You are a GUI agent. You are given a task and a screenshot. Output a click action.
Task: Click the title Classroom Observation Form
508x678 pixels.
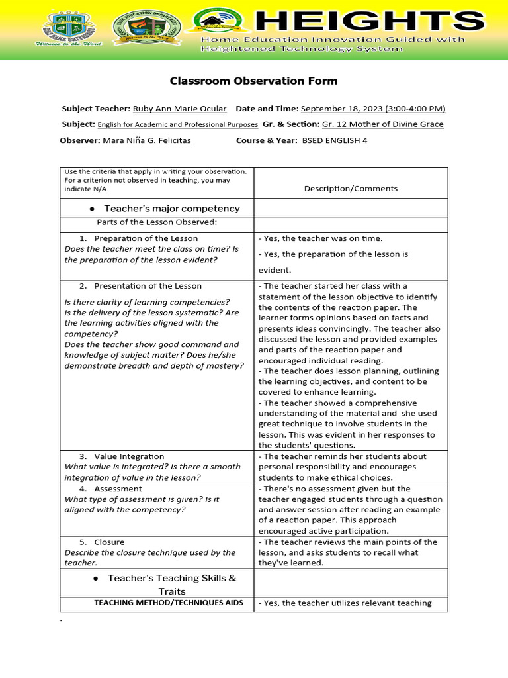[x=253, y=81]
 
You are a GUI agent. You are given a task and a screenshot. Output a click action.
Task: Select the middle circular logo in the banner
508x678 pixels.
[x=146, y=30]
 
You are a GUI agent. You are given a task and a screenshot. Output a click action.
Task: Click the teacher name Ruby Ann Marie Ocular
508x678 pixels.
[x=179, y=109]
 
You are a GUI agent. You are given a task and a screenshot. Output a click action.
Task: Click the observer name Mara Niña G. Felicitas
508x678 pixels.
[x=147, y=140]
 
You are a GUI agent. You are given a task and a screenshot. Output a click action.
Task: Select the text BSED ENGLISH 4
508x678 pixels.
[x=334, y=140]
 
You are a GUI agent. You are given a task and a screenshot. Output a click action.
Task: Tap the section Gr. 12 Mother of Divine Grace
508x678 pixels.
[x=382, y=124]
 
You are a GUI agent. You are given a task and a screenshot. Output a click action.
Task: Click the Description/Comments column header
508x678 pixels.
[x=351, y=189]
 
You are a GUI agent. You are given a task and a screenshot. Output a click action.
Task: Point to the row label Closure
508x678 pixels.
[x=109, y=542]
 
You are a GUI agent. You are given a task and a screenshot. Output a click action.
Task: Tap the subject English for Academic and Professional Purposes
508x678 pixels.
[x=177, y=124]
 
